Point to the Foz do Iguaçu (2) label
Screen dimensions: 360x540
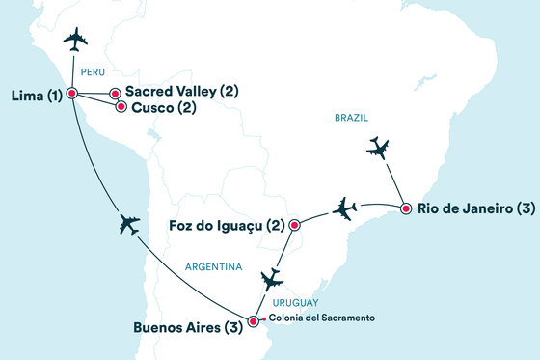pyautogui.click(x=227, y=226)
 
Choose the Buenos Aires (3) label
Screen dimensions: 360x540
pyautogui.click(x=188, y=327)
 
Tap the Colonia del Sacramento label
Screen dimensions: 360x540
pyautogui.click(x=314, y=318)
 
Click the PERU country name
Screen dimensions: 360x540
pyautogui.click(x=93, y=70)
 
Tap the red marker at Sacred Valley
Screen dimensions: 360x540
pyautogui.click(x=116, y=94)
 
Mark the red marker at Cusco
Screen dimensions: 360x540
pyautogui.click(x=121, y=107)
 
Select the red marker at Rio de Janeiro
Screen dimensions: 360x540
pyautogui.click(x=406, y=208)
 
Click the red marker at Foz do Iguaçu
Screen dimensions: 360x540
pyautogui.click(x=294, y=226)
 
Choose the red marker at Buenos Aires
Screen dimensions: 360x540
pyautogui.click(x=254, y=322)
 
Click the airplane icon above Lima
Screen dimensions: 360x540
pyautogui.click(x=75, y=39)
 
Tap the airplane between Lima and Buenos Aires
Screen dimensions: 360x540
pyautogui.click(x=126, y=224)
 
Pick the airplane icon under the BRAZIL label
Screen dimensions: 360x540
pyautogui.click(x=379, y=149)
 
